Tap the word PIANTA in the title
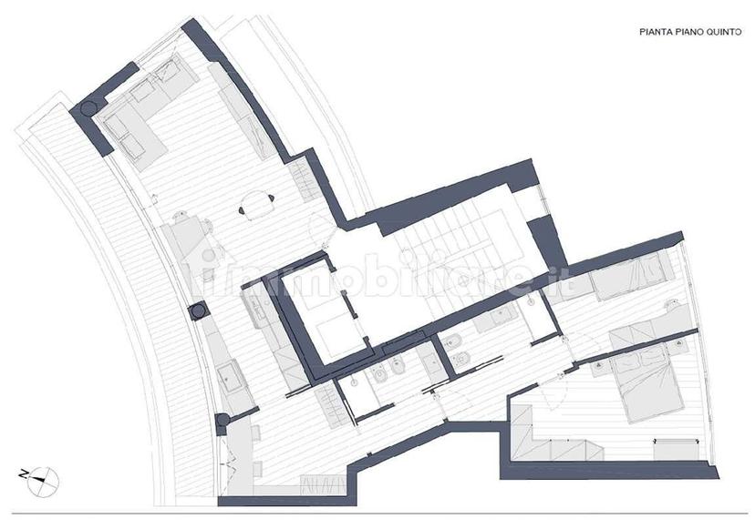click(x=653, y=32)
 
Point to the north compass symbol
click(x=42, y=481)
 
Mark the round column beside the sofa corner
click(x=88, y=108)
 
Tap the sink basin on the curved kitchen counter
click(x=230, y=376)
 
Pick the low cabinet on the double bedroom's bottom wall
click(x=676, y=449)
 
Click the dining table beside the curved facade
click(x=190, y=239)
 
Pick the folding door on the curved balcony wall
click(x=225, y=456)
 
